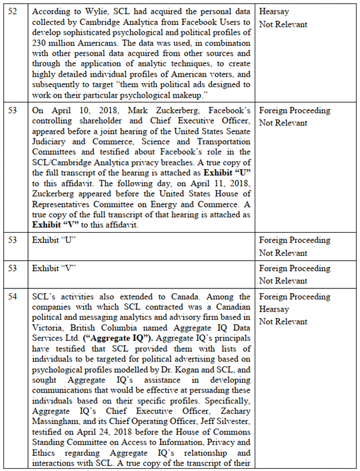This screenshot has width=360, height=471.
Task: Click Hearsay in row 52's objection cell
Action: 275,12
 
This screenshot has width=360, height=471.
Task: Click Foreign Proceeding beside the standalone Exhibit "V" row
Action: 294,269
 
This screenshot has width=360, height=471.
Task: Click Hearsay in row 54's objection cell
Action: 275,309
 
